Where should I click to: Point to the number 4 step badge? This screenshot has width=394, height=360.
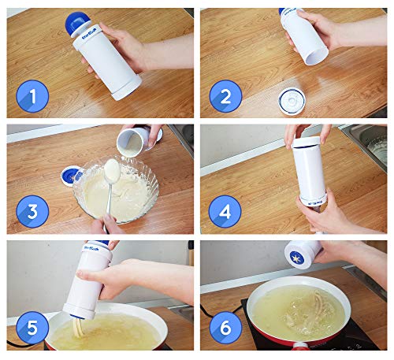225,212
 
